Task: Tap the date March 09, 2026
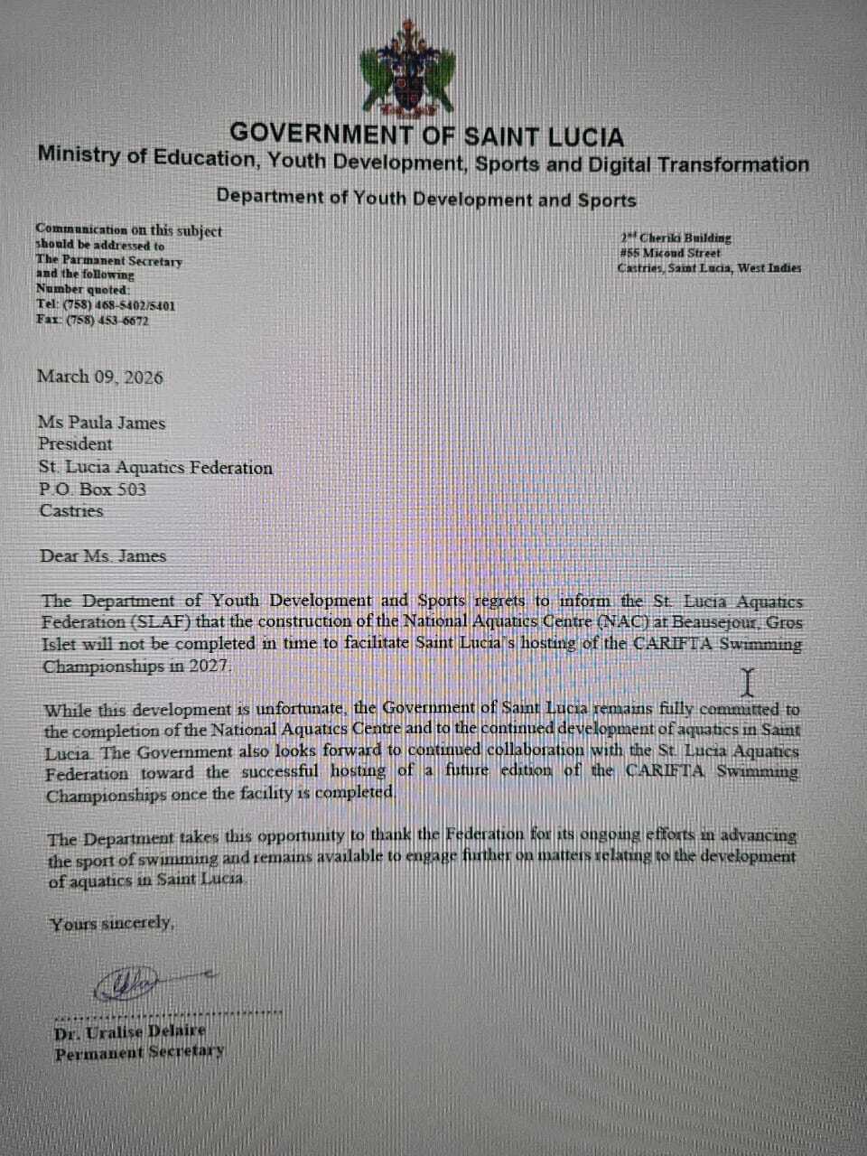[x=99, y=377]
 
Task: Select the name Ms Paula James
[x=101, y=422]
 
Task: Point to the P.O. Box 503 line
[x=92, y=489]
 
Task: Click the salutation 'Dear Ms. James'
[x=103, y=556]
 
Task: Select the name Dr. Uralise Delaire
[x=130, y=1030]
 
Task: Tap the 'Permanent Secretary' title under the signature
[x=139, y=1052]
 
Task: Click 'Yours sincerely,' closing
[x=111, y=923]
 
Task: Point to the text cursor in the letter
[x=747, y=683]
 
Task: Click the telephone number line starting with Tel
[x=106, y=305]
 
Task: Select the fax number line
[x=92, y=321]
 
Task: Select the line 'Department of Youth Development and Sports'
[x=426, y=199]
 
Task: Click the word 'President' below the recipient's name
[x=75, y=444]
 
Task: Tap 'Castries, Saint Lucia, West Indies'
[x=709, y=268]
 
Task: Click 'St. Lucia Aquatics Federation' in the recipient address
[x=155, y=468]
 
